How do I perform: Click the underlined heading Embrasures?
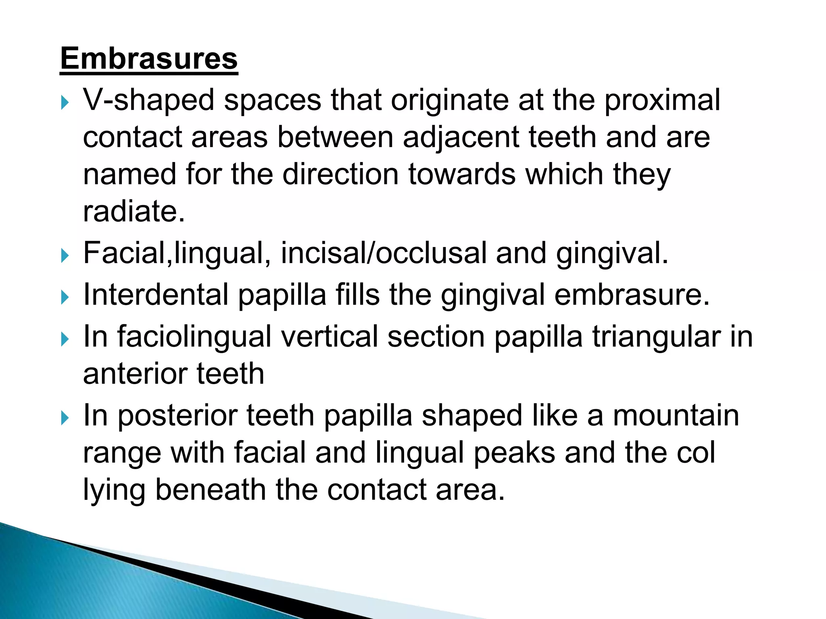pyautogui.click(x=149, y=59)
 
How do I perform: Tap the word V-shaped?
pyautogui.click(x=148, y=100)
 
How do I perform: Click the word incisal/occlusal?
pyautogui.click(x=384, y=253)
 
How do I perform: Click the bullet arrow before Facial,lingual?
pyautogui.click(x=65, y=255)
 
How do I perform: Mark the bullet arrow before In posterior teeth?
pyautogui.click(x=65, y=418)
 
